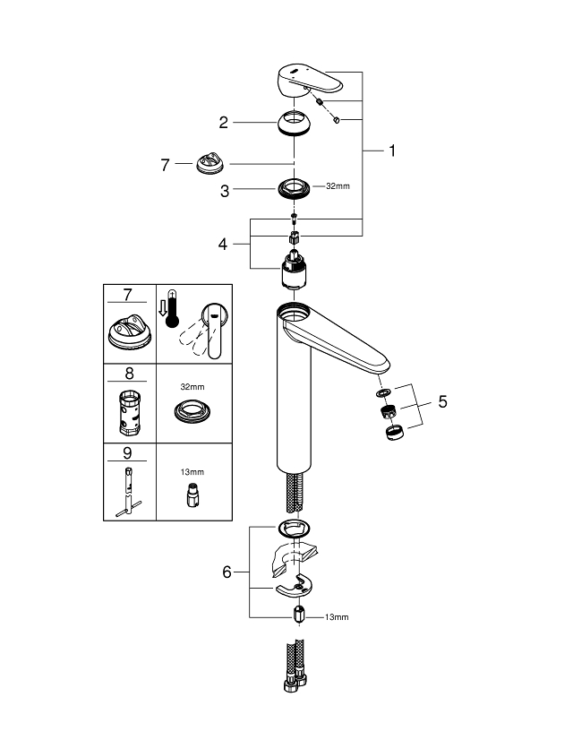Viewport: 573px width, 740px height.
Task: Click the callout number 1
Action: coord(391,151)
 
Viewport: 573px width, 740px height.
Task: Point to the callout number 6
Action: coord(227,571)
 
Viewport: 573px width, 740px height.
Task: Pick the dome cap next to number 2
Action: coord(294,121)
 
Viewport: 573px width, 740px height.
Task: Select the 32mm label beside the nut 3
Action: coord(337,186)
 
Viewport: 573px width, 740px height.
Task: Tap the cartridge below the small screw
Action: coord(294,271)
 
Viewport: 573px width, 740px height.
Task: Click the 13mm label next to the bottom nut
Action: coord(337,617)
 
